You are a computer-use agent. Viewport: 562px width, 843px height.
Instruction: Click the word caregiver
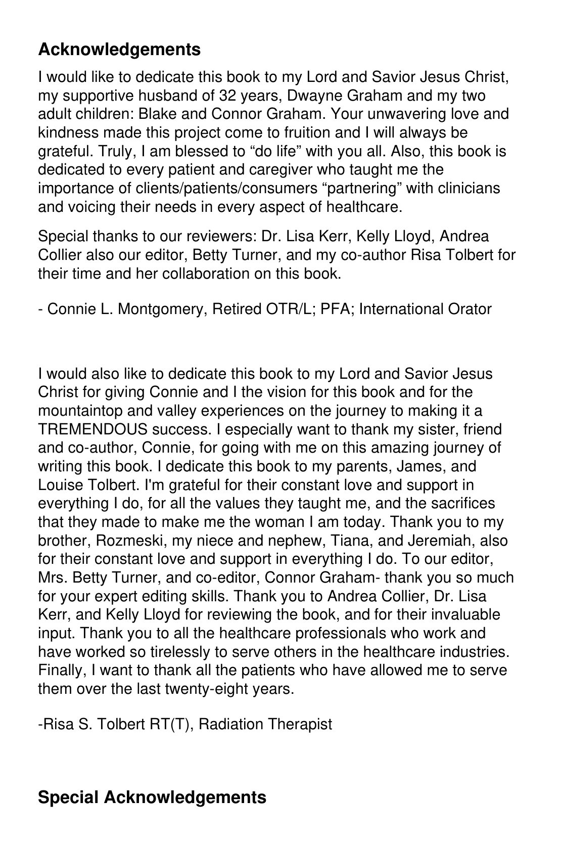tap(273, 170)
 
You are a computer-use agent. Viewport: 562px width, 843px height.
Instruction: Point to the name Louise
tap(59, 485)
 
